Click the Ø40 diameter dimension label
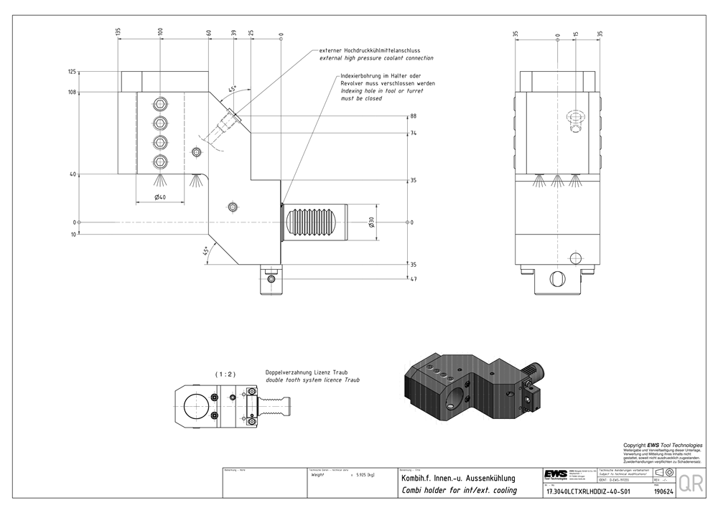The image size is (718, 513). pyautogui.click(x=159, y=197)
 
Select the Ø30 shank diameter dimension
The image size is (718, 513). pyautogui.click(x=371, y=222)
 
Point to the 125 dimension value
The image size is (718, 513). pyautogui.click(x=72, y=72)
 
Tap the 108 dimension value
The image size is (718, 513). pyautogui.click(x=72, y=92)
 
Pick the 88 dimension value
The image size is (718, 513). pyautogui.click(x=413, y=116)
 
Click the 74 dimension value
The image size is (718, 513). pyautogui.click(x=413, y=133)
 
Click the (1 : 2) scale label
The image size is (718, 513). pyautogui.click(x=225, y=374)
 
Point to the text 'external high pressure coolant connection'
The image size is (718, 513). pyautogui.click(x=376, y=58)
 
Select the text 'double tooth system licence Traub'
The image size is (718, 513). pyautogui.click(x=312, y=380)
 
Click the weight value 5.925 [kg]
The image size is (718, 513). pyautogui.click(x=360, y=475)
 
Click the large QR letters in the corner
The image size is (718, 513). pyautogui.click(x=691, y=483)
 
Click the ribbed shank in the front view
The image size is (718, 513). pyautogui.click(x=314, y=222)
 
